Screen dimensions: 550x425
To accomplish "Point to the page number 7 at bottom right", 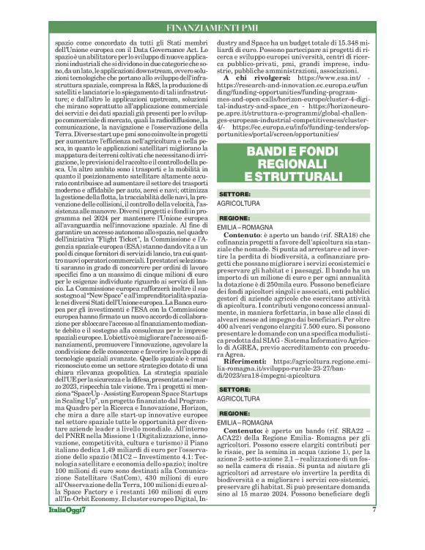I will coord(373,529).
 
